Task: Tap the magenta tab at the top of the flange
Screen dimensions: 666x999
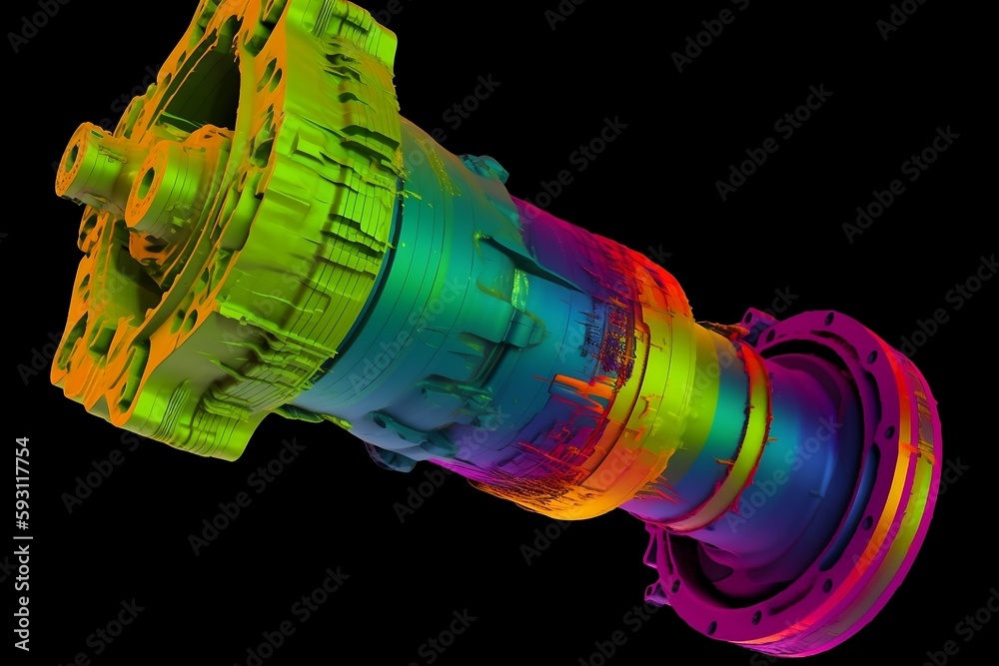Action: point(755,323)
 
